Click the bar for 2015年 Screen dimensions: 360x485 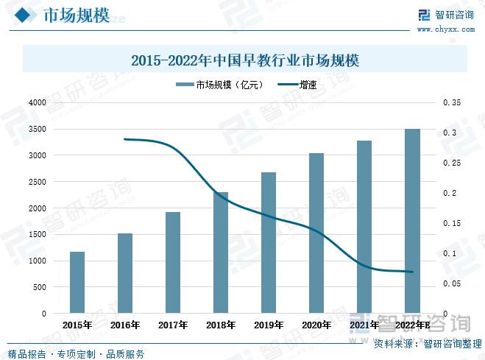(x=77, y=283)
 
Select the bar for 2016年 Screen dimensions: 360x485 (x=125, y=273)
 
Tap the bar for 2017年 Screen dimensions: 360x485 (x=173, y=263)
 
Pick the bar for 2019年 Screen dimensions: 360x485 (x=269, y=243)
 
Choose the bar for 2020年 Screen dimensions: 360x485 (x=316, y=233)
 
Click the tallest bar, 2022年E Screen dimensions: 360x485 (x=412, y=221)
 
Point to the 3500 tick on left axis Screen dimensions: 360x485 (x=38, y=129)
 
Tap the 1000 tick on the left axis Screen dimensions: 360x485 (x=38, y=261)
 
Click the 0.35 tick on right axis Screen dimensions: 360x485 (x=451, y=103)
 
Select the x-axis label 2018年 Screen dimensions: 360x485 (x=221, y=325)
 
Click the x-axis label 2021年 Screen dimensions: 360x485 (x=364, y=325)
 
